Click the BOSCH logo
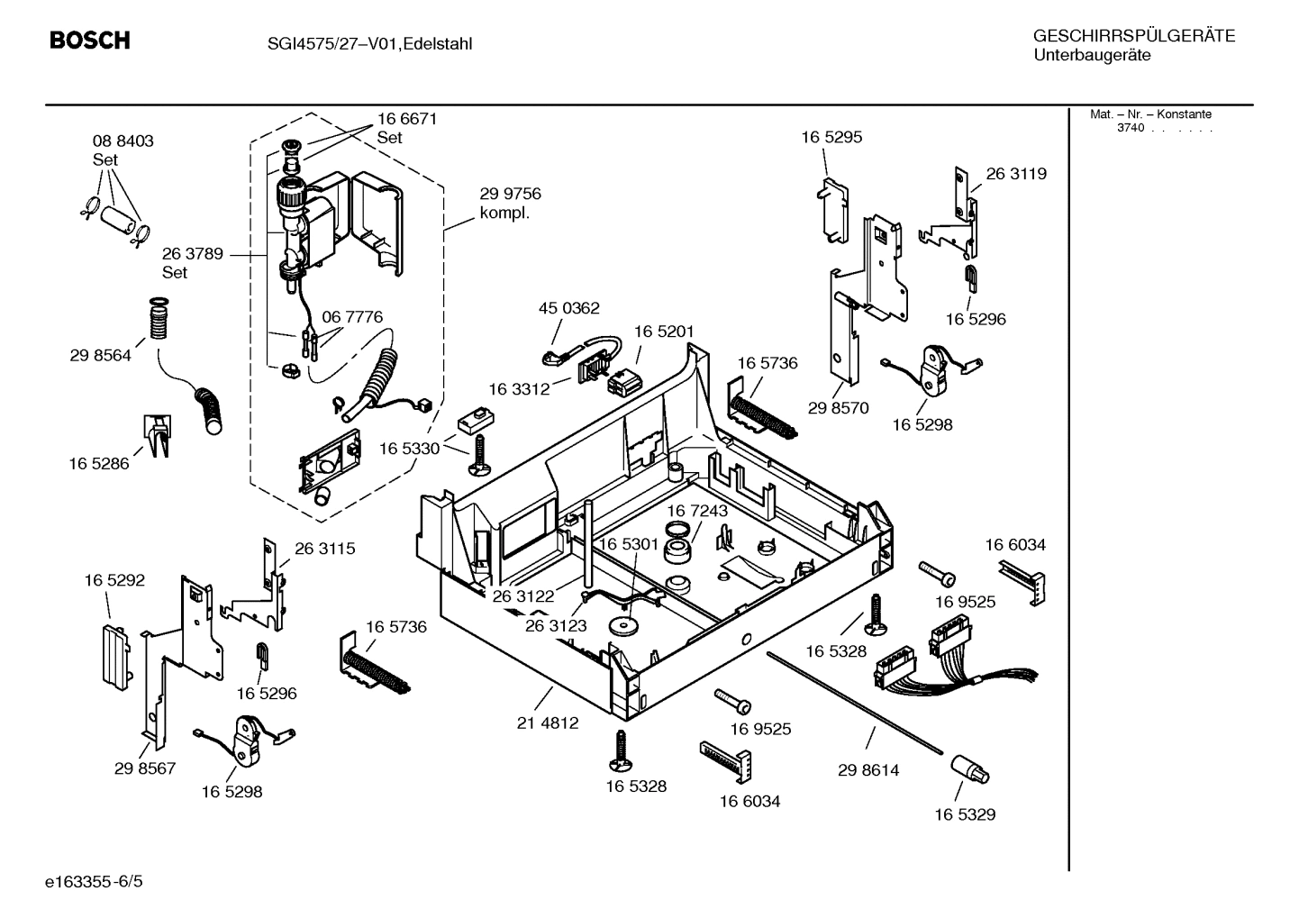[x=89, y=41]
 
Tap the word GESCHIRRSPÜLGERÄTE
[x=1133, y=36]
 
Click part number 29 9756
[x=510, y=194]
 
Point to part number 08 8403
[x=123, y=141]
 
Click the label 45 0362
[x=568, y=308]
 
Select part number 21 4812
[x=548, y=723]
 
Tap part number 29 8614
[x=868, y=770]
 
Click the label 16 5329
[x=964, y=814]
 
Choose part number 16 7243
[x=697, y=511]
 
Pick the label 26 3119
[x=1016, y=174]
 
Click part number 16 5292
[x=114, y=581]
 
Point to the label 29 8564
[x=100, y=356]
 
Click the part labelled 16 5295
[x=835, y=209]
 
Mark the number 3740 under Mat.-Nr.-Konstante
[x=1130, y=128]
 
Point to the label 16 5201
[x=664, y=332]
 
